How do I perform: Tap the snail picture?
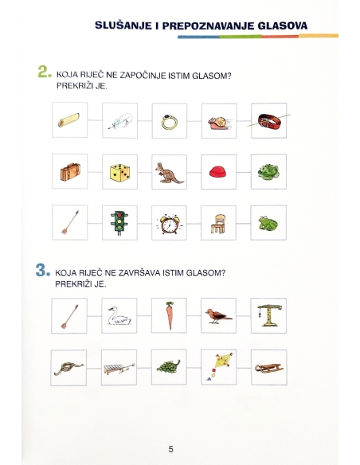pos(218,123)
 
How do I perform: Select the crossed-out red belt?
pos(268,121)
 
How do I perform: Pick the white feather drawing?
pos(120,121)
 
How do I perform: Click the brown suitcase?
pos(70,172)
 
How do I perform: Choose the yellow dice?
pos(119,173)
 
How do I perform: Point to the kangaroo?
pos(169,174)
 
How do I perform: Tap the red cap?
pos(217,172)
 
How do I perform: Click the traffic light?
pos(119,223)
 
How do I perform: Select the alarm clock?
pos(170,224)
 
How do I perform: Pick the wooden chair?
pos(218,224)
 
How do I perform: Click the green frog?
pos(268,223)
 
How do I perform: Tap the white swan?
pos(119,316)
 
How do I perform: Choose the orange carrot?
pos(170,315)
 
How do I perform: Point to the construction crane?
pos(269,315)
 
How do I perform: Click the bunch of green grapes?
pos(168,366)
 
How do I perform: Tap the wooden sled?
pos(269,368)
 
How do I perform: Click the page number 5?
pos(170,449)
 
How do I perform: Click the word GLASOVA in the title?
pos(282,25)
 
